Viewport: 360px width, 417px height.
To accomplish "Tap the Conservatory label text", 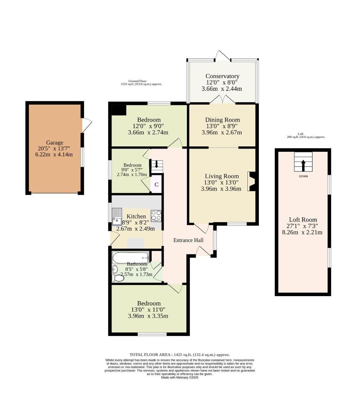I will coord(222,76).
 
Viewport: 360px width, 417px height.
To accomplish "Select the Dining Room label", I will coord(222,120).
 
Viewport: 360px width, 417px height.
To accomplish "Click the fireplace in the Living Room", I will coord(252,181).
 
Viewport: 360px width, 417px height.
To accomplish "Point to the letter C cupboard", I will coord(156,185).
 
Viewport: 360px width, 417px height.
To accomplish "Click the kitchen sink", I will coord(117,216).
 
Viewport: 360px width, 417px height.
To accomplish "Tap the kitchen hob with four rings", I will coord(156,215).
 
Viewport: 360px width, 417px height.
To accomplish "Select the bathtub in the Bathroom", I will coord(130,257).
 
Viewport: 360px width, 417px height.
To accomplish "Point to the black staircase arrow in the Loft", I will coord(303,166).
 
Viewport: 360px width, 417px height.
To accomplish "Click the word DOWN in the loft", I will coord(303,176).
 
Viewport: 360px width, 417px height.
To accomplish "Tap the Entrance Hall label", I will coord(188,240).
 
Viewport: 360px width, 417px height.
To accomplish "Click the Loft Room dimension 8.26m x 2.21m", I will coord(302,232).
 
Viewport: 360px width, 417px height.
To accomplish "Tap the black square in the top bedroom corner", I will coord(118,110).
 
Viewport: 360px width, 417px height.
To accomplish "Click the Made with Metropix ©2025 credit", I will coord(179,377).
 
